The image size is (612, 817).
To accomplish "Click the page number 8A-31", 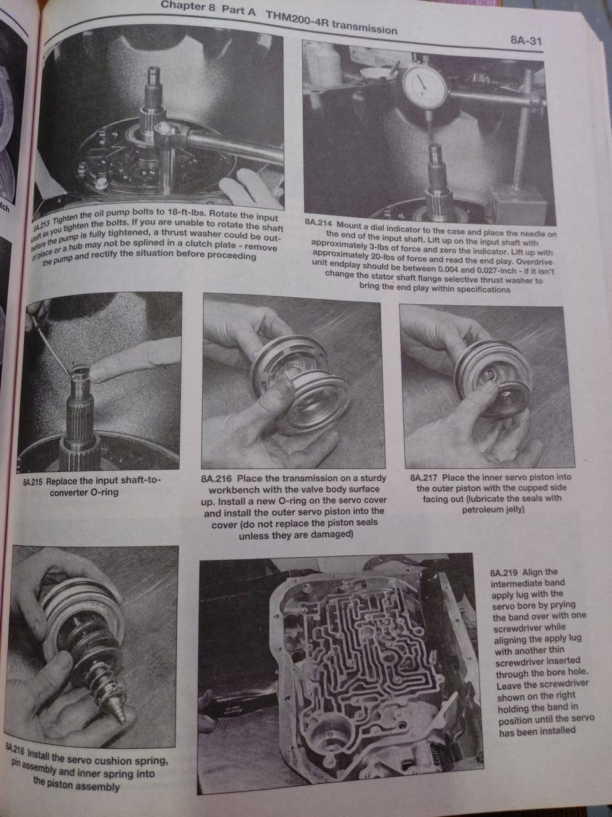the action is (526, 40).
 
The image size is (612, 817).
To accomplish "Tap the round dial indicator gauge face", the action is (425, 86).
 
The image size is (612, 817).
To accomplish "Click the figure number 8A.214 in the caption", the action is (319, 223).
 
